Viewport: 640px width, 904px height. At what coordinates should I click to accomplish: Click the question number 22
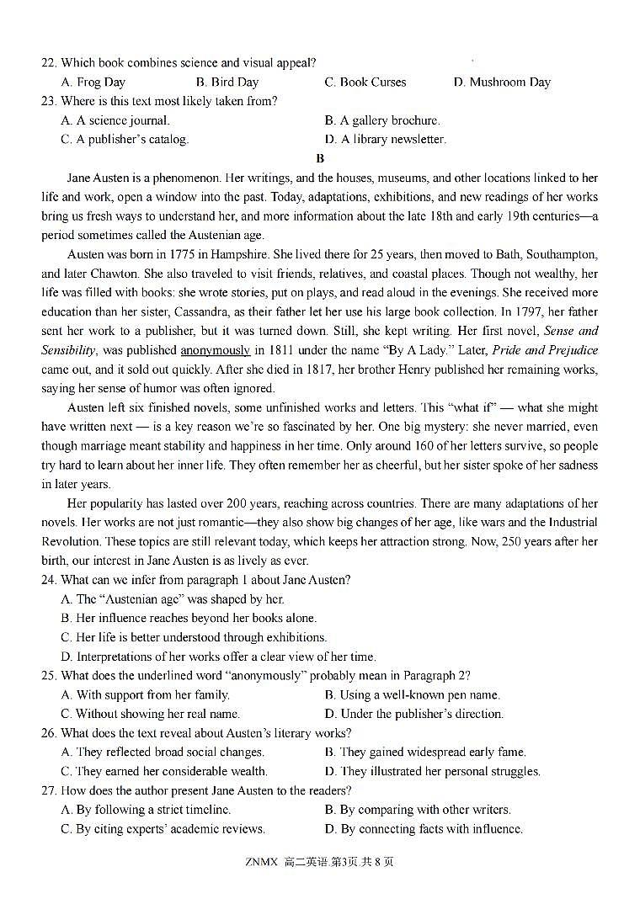point(48,62)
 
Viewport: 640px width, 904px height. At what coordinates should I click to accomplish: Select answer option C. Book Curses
point(365,82)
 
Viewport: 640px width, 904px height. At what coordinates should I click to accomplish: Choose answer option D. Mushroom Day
point(502,82)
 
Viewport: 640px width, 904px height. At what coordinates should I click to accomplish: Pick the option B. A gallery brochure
point(382,120)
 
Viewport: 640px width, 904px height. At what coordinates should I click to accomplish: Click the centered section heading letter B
point(320,158)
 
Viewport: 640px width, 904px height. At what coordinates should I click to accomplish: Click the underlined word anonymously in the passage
point(215,350)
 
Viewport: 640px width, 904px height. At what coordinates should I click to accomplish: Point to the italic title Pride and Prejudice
point(545,350)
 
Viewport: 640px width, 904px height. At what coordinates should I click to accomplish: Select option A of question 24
point(173,599)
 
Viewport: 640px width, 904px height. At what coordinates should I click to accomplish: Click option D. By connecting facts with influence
point(424,829)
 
